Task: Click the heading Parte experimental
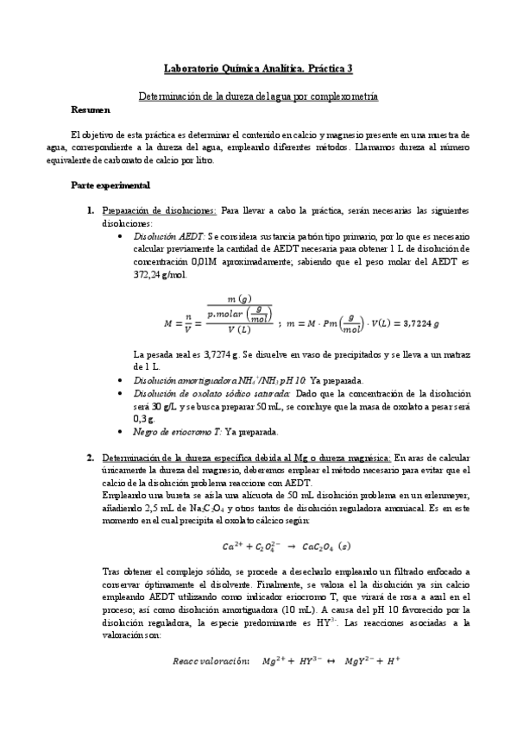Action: (110, 185)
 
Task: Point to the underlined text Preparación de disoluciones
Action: (159, 209)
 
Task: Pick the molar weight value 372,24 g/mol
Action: (160, 275)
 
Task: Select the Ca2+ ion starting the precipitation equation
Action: (233, 547)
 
